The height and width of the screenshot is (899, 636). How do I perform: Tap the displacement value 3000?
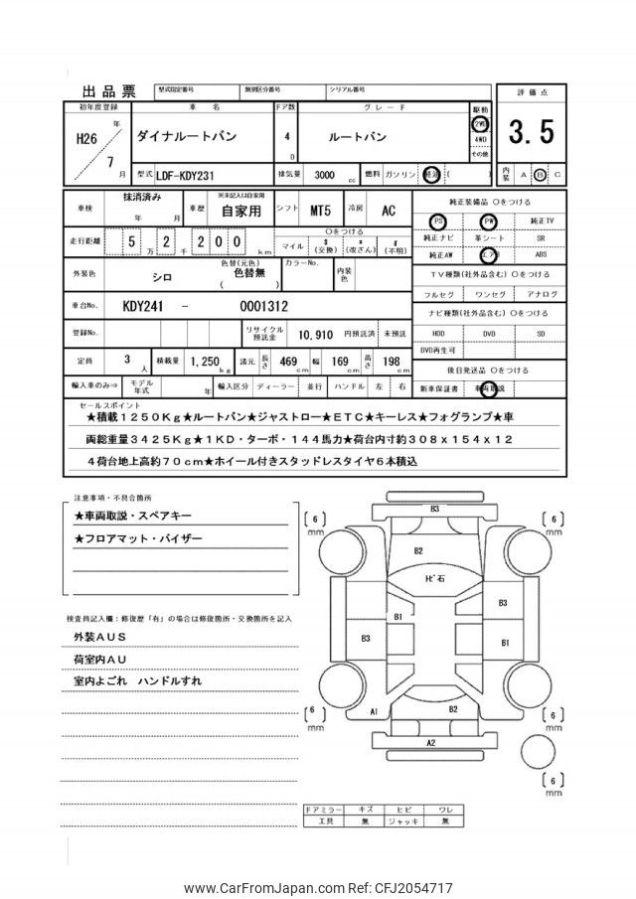point(324,174)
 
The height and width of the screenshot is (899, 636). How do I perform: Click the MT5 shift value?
point(320,212)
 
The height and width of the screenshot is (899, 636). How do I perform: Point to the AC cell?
point(389,212)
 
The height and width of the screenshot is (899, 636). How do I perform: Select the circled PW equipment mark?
point(488,221)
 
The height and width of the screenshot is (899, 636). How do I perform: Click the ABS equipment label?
point(539,255)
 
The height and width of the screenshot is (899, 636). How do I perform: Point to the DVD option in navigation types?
point(488,334)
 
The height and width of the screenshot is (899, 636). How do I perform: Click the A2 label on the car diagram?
point(431,742)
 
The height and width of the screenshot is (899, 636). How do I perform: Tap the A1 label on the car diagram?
point(373,712)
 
